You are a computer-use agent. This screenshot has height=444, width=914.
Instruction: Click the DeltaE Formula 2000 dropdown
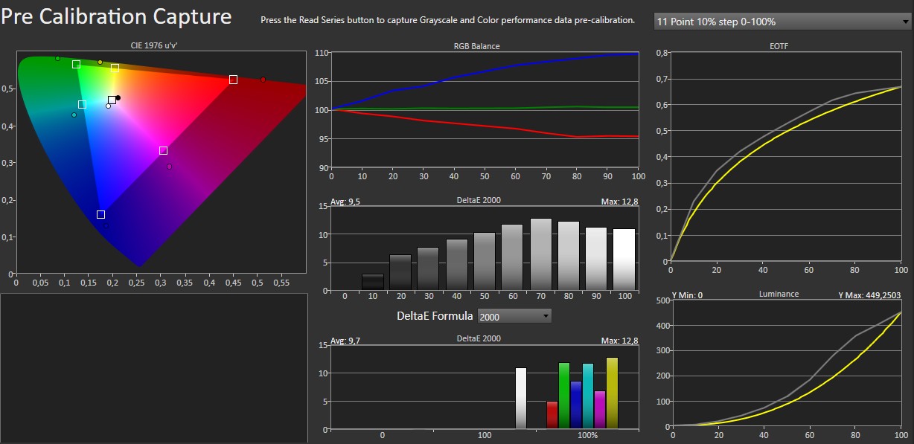[x=514, y=317]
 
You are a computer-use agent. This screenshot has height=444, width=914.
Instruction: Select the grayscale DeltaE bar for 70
[x=541, y=254]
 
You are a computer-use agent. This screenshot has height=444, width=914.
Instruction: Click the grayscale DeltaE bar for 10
[x=373, y=282]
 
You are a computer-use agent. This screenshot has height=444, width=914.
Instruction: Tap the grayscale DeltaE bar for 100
[x=624, y=259]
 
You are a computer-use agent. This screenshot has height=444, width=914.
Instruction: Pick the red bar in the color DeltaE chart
[x=552, y=415]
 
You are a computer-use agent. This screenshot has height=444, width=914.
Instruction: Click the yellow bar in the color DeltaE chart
[x=612, y=393]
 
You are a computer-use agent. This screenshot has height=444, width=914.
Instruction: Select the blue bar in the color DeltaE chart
[x=575, y=405]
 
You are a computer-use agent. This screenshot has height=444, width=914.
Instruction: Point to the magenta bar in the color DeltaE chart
[x=600, y=410]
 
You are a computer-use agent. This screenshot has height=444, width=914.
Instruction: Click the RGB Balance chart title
[x=477, y=46]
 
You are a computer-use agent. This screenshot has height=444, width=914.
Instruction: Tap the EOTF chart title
[x=779, y=46]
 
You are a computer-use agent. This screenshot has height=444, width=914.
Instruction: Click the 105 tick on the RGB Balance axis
[x=321, y=81]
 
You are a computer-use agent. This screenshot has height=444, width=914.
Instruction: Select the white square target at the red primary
[x=233, y=80]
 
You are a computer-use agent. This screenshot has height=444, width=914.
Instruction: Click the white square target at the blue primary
[x=100, y=215]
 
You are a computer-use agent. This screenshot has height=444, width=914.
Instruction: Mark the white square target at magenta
[x=163, y=151]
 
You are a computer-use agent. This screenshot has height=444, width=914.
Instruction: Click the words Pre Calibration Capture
[x=117, y=16]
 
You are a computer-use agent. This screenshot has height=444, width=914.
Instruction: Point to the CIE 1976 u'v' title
[x=155, y=46]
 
